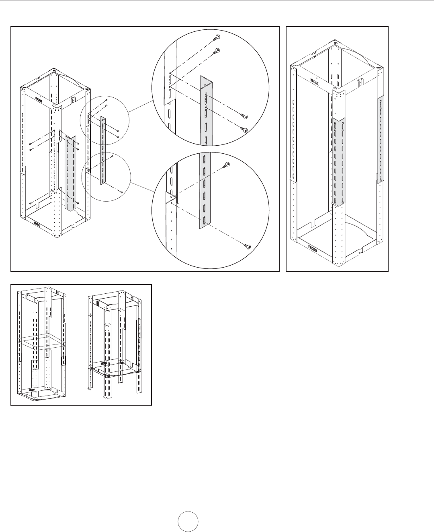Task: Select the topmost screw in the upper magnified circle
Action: (217, 37)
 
